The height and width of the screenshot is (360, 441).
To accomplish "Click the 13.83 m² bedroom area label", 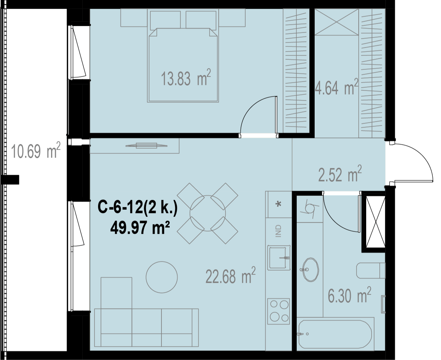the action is [x=186, y=78].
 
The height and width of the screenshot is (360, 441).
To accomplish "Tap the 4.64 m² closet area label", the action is [x=337, y=87].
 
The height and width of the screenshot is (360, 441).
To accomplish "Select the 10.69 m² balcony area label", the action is [x=36, y=150].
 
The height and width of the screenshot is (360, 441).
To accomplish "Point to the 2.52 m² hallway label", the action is [x=340, y=174].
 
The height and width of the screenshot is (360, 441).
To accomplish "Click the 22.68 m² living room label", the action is [x=231, y=275].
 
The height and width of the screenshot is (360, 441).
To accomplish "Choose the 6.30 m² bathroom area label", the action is [x=349, y=295].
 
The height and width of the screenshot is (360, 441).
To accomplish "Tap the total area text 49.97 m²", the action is [x=140, y=228].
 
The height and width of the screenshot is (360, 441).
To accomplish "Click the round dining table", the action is [x=208, y=213].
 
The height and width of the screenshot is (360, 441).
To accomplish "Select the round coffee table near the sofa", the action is [x=162, y=277].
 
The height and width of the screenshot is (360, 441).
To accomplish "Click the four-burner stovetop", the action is [x=278, y=311].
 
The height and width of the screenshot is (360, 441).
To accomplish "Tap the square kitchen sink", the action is [x=279, y=258].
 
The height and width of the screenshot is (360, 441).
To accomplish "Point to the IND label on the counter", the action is [x=278, y=231].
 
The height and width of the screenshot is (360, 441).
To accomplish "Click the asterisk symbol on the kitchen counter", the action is [x=278, y=204].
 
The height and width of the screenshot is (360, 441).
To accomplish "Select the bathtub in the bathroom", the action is [x=335, y=334].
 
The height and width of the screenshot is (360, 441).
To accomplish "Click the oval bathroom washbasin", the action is [x=310, y=270].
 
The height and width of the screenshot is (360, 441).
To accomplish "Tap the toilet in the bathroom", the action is [x=371, y=271].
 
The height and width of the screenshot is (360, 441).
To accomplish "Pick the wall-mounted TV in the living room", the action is [x=146, y=146].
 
